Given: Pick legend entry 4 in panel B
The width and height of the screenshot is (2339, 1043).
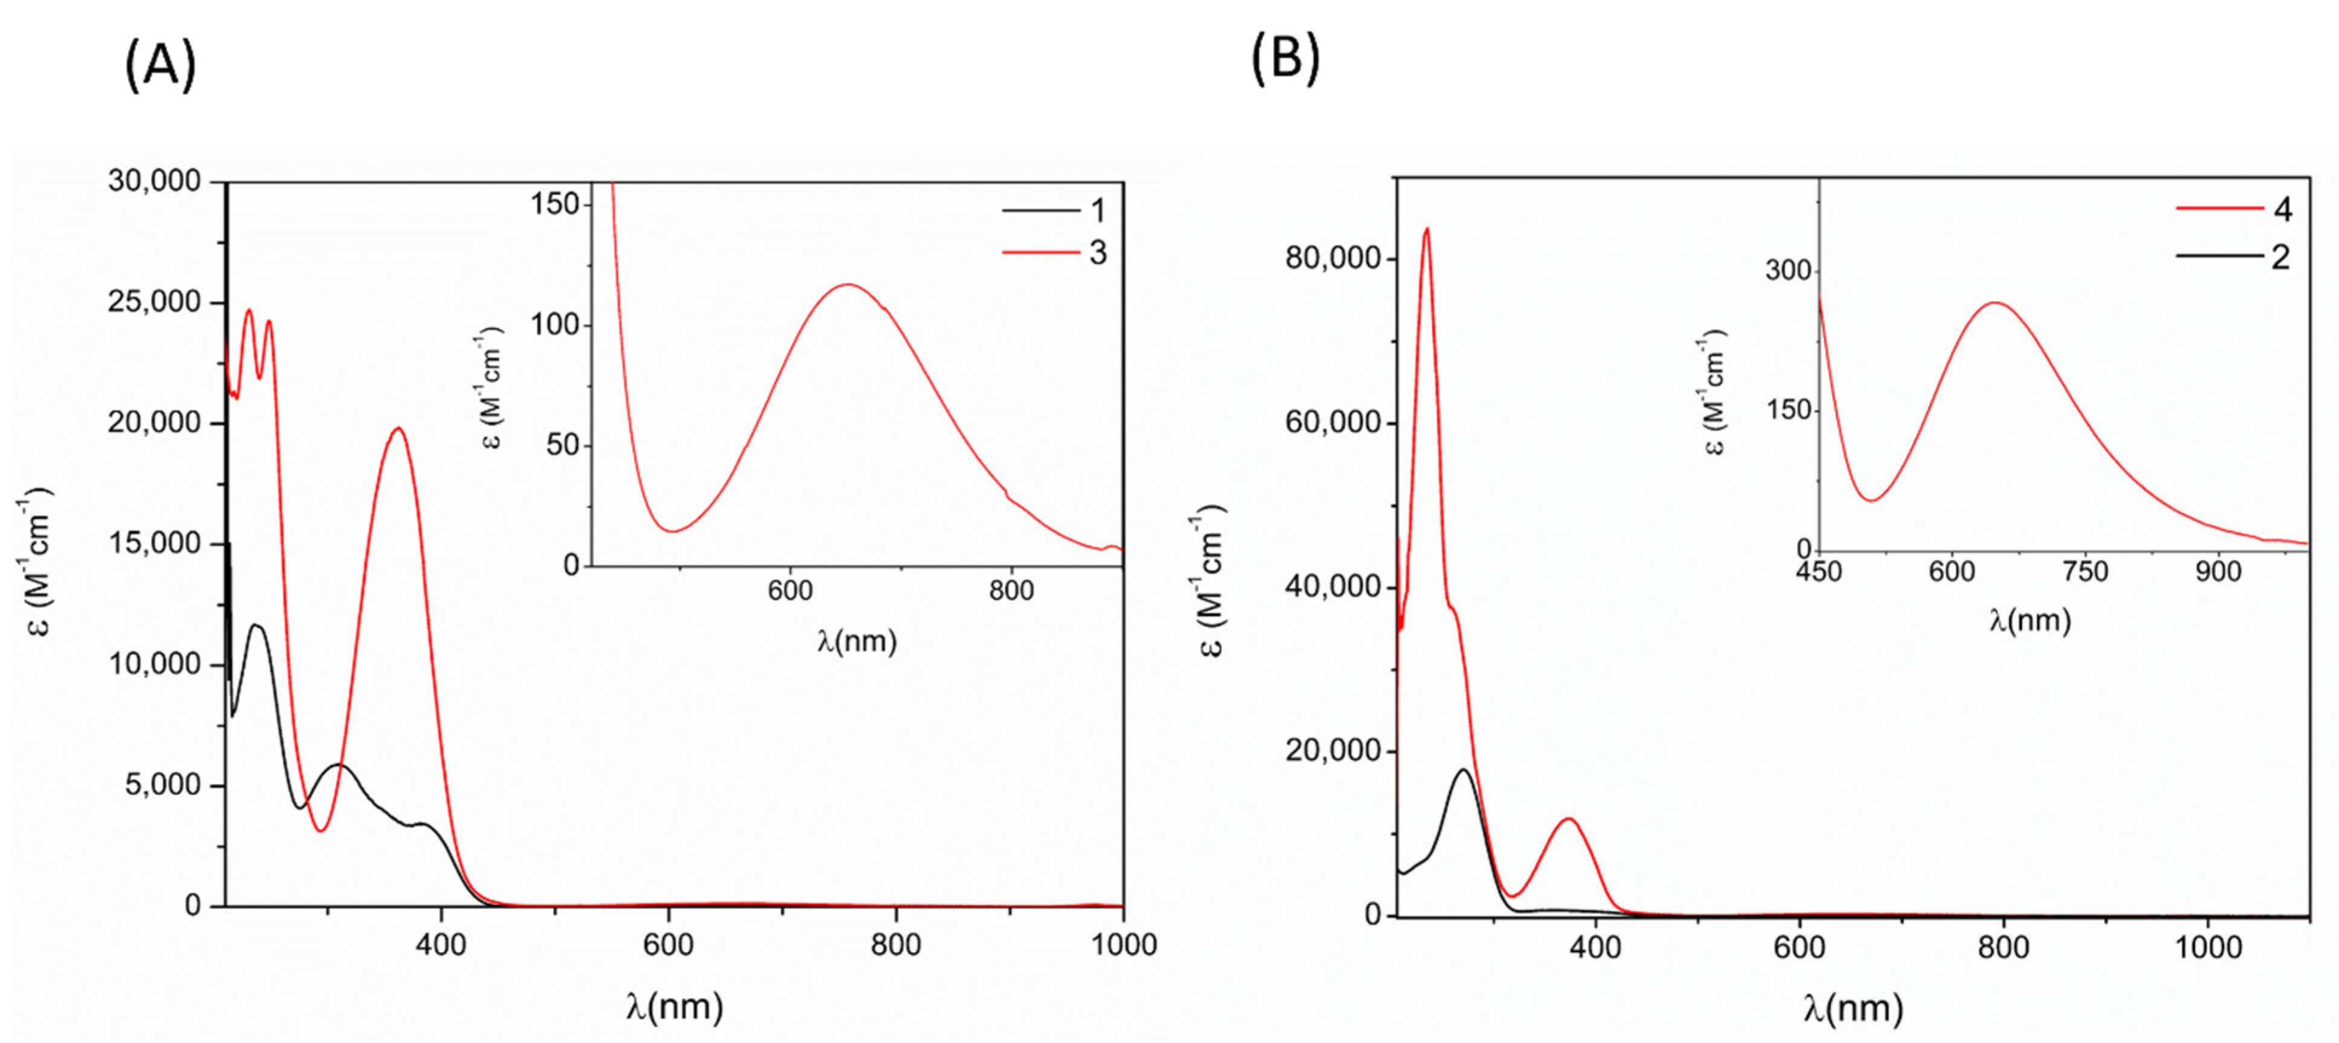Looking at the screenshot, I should [2282, 210].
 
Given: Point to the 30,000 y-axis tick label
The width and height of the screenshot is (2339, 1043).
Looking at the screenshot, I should [154, 181].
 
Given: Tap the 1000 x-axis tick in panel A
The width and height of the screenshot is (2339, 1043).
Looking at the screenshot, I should [1123, 945].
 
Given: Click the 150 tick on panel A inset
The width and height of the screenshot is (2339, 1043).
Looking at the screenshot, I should [555, 204].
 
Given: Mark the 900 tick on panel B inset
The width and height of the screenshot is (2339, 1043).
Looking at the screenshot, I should [2218, 572].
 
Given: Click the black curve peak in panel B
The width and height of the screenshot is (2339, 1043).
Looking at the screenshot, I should [1463, 770].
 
